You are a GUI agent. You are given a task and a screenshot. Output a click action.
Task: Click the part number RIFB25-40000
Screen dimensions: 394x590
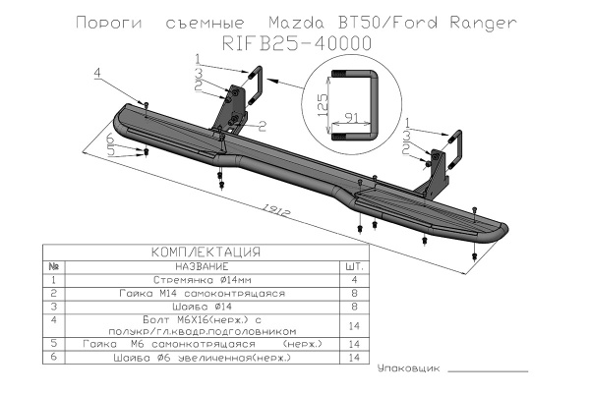pos(295,42)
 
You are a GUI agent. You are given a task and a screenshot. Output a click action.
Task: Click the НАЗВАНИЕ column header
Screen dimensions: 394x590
pos(201,266)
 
